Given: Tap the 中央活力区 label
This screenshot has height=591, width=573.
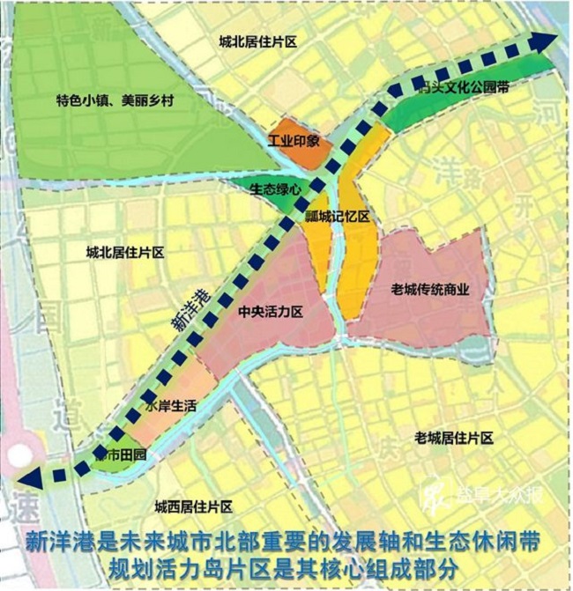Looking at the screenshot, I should coord(271,313).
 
